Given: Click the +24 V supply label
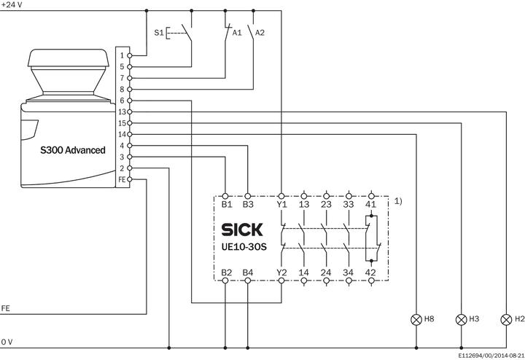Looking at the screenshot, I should click(12, 4).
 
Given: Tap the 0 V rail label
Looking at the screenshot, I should click(7, 341).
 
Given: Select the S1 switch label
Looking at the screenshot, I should click(160, 33).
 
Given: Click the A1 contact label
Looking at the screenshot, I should click(236, 33).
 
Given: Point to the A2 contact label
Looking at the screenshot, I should click(260, 33).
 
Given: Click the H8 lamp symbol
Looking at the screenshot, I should click(416, 319).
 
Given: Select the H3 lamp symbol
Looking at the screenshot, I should click(460, 319).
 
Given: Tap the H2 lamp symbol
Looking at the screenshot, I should click(505, 319).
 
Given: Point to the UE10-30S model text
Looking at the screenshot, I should click(244, 247).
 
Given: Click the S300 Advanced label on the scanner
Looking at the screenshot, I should click(72, 150).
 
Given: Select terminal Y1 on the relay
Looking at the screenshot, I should click(281, 206).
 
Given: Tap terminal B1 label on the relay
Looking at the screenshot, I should click(226, 206).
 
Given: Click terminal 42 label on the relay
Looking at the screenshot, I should click(370, 272).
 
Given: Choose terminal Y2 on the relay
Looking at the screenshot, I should click(281, 272).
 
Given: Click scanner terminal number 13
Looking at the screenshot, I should click(122, 111).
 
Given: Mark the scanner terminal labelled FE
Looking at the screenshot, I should click(122, 179).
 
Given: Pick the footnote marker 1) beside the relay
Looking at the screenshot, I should click(398, 200).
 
